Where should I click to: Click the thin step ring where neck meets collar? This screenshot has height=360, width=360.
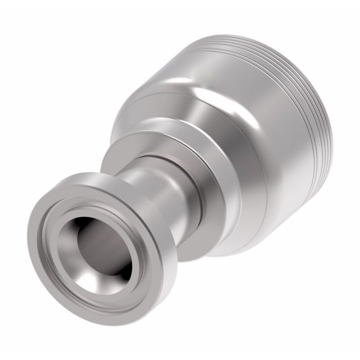(x=154, y=159)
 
